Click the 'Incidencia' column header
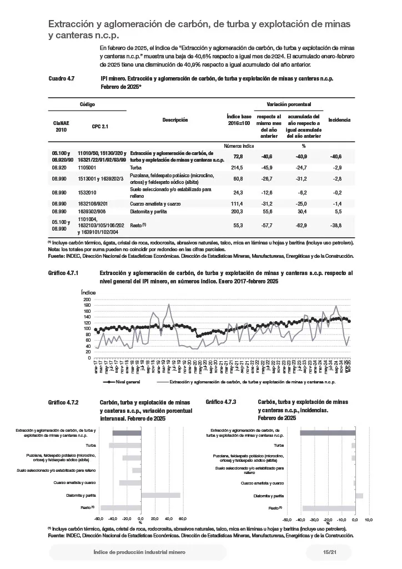(339, 120)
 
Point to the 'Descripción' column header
(175, 120)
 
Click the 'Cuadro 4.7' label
(62, 79)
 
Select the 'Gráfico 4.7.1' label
(65, 273)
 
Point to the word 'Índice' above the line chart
(88, 292)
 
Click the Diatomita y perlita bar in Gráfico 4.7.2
(161, 495)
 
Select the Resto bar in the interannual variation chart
(121, 507)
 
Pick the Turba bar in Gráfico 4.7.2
(125, 445)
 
